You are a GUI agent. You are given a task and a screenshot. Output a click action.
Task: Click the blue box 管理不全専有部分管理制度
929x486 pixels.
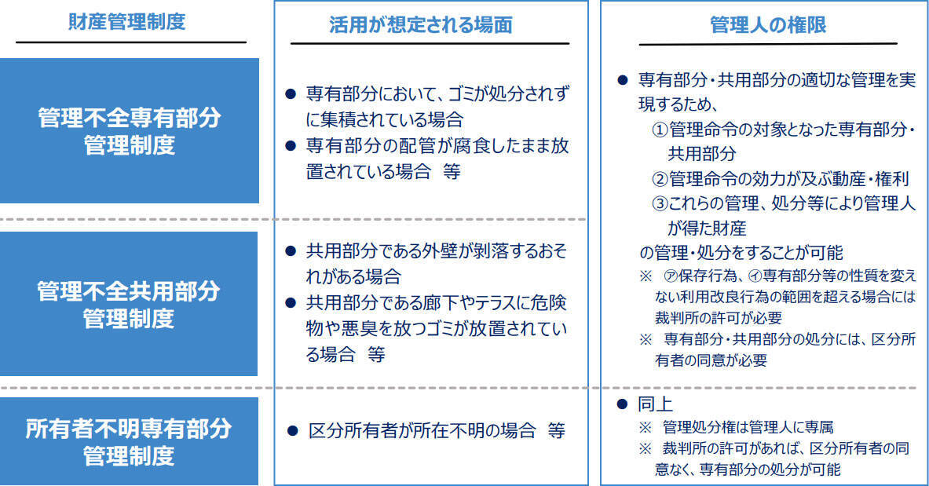(x=129, y=131)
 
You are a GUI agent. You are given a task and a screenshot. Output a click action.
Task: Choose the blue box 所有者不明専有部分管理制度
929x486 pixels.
(x=129, y=441)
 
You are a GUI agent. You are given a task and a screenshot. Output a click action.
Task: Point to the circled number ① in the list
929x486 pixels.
(x=660, y=128)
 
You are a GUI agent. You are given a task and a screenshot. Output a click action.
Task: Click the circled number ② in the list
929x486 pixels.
(x=660, y=178)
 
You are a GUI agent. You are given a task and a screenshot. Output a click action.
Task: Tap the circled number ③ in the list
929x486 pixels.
(x=660, y=203)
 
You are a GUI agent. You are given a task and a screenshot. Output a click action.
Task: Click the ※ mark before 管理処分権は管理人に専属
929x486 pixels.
(x=645, y=427)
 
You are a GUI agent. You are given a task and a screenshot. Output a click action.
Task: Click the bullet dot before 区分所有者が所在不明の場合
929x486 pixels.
(x=292, y=431)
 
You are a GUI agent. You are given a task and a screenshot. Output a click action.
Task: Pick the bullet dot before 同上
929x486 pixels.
(x=624, y=405)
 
